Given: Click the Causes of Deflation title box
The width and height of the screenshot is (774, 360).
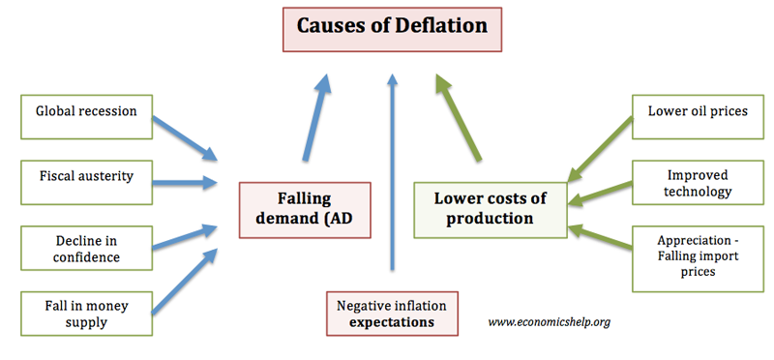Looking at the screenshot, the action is pos(392,29).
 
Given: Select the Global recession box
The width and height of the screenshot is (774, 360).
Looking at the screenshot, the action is pos(86,117).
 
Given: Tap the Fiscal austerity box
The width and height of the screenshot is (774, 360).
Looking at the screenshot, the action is pos(86,182).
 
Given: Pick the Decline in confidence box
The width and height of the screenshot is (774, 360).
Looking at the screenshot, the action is pos(86,248).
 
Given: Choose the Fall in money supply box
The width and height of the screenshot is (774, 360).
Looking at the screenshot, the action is pos(86,314).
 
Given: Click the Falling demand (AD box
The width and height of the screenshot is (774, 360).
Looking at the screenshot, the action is pos(305,210).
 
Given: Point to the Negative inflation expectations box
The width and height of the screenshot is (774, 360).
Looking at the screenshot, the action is pos(392,314).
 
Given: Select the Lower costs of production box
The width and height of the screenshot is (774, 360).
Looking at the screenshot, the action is pos(491,210).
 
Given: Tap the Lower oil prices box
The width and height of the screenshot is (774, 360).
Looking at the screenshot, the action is pos(698,117).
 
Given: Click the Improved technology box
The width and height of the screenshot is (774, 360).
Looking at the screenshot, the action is pos(698,182).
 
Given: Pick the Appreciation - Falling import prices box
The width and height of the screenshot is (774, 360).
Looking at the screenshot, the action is pos(698,258).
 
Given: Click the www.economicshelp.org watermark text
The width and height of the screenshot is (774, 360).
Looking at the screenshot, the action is pos(549,322).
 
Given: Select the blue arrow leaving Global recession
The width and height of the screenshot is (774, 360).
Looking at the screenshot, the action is pos(185,138).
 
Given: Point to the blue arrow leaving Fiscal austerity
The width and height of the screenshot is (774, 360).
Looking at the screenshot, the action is pos(185,183).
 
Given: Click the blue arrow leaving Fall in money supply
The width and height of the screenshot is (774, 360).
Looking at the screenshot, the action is pos(185,281).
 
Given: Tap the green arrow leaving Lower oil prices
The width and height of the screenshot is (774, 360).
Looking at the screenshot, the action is pos(600,149).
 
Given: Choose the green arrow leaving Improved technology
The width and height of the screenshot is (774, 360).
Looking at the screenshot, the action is pos(600,194).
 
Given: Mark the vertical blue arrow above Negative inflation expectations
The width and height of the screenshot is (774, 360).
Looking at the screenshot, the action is pos(393,172).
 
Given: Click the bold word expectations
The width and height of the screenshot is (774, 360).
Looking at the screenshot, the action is pos(392,323).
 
